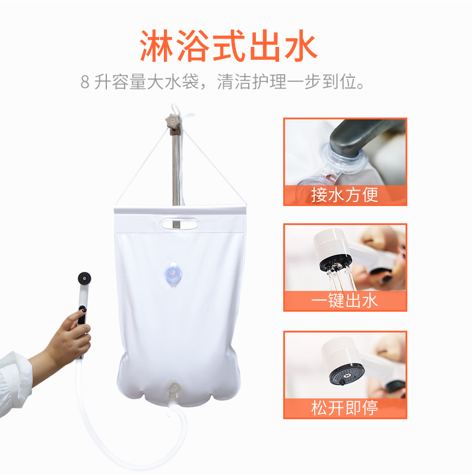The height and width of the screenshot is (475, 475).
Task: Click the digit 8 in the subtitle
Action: (85, 82)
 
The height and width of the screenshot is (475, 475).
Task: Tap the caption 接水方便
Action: (344, 194)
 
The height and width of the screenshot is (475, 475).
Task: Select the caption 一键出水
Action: (344, 300)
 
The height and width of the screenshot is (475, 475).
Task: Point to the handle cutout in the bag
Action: (178, 224)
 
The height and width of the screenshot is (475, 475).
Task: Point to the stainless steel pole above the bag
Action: (176, 166)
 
